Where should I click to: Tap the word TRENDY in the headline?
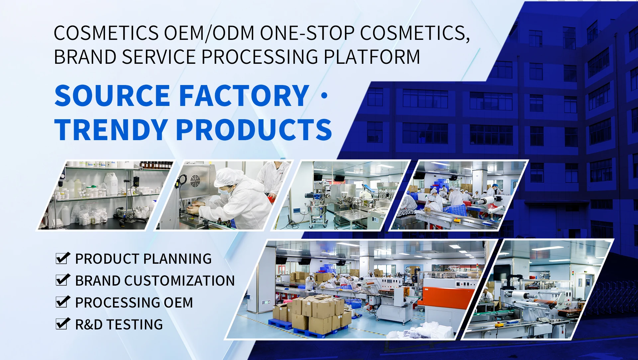[111, 130]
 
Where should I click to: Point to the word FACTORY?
[245, 95]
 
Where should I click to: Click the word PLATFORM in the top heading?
[372, 57]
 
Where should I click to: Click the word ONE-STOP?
[307, 33]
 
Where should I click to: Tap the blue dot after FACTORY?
[325, 96]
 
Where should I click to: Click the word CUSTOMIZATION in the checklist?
[179, 281]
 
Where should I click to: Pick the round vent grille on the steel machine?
[195, 181]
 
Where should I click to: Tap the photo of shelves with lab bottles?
[106, 195]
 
